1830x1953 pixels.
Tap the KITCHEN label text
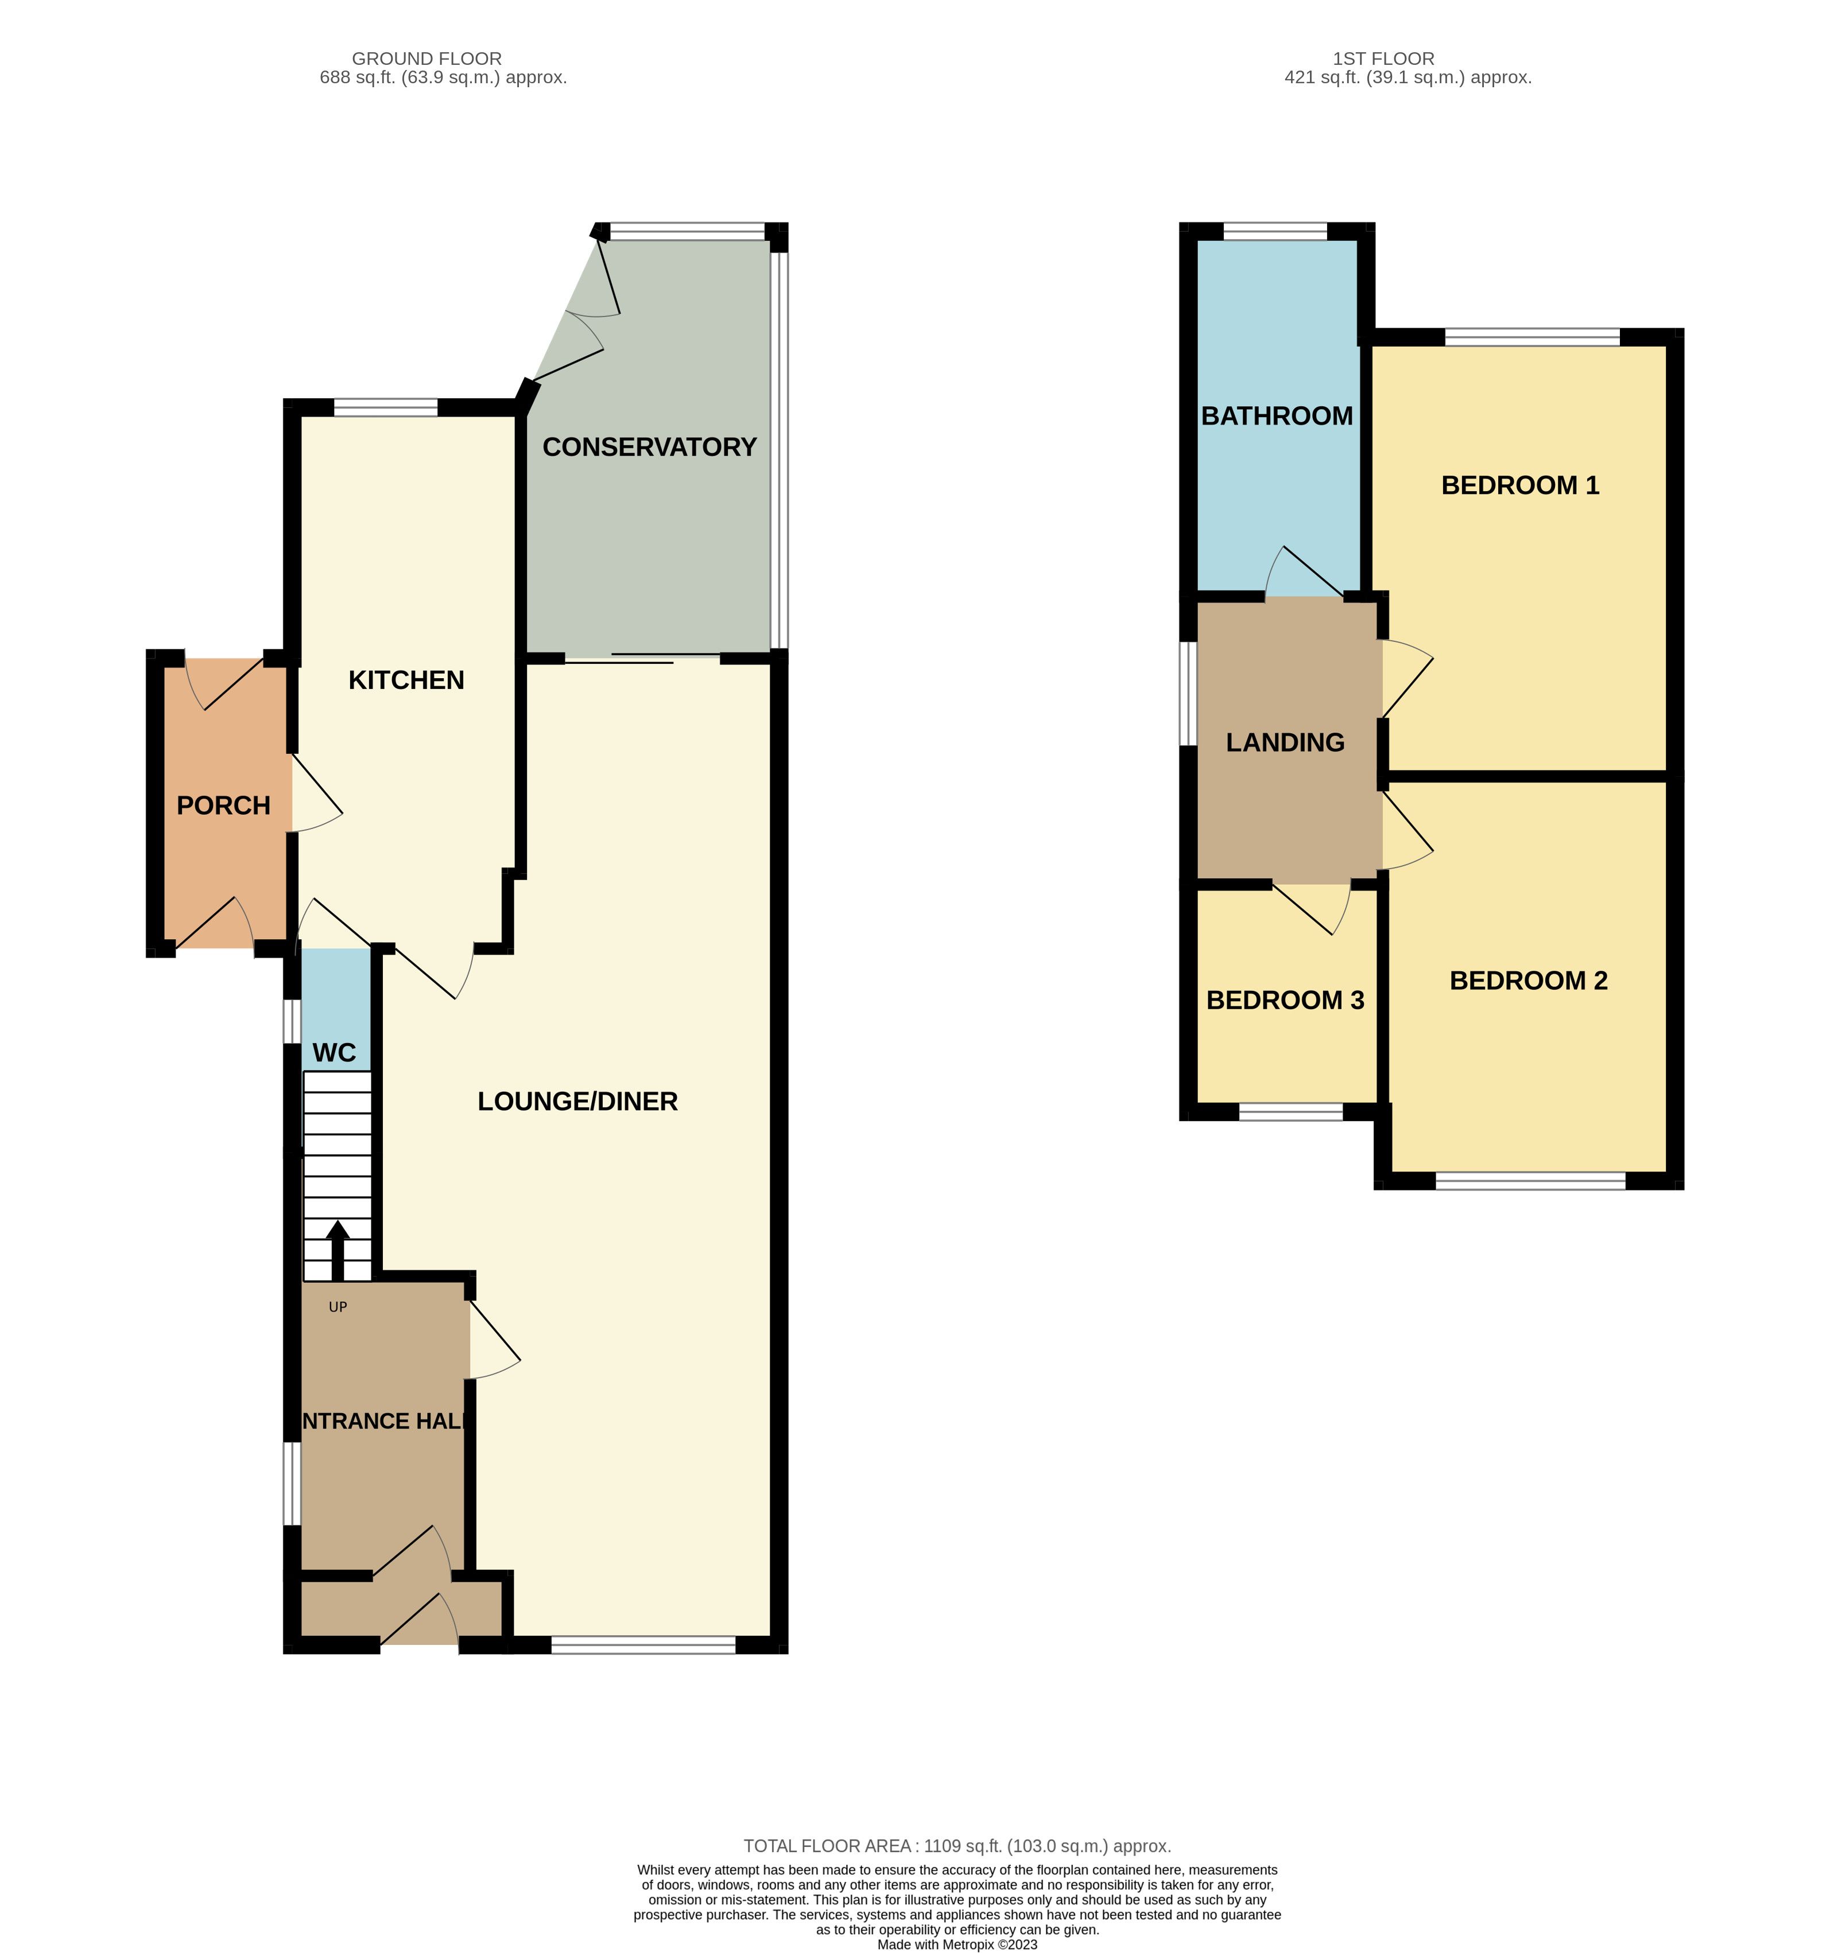(406, 680)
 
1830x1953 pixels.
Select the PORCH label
(223, 806)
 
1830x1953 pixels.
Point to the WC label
(334, 1053)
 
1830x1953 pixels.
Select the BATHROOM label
(1277, 415)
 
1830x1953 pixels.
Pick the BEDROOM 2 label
(1528, 981)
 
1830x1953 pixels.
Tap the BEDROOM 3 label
(1285, 1000)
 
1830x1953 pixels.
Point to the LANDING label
(1285, 742)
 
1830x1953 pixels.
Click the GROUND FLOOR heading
(427, 59)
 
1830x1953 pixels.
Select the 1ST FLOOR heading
(1384, 59)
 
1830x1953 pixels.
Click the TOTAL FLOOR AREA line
(957, 1846)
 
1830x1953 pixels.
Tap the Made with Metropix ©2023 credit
(957, 1944)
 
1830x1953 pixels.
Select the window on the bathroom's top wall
(1275, 232)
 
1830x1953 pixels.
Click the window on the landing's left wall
(1188, 694)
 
